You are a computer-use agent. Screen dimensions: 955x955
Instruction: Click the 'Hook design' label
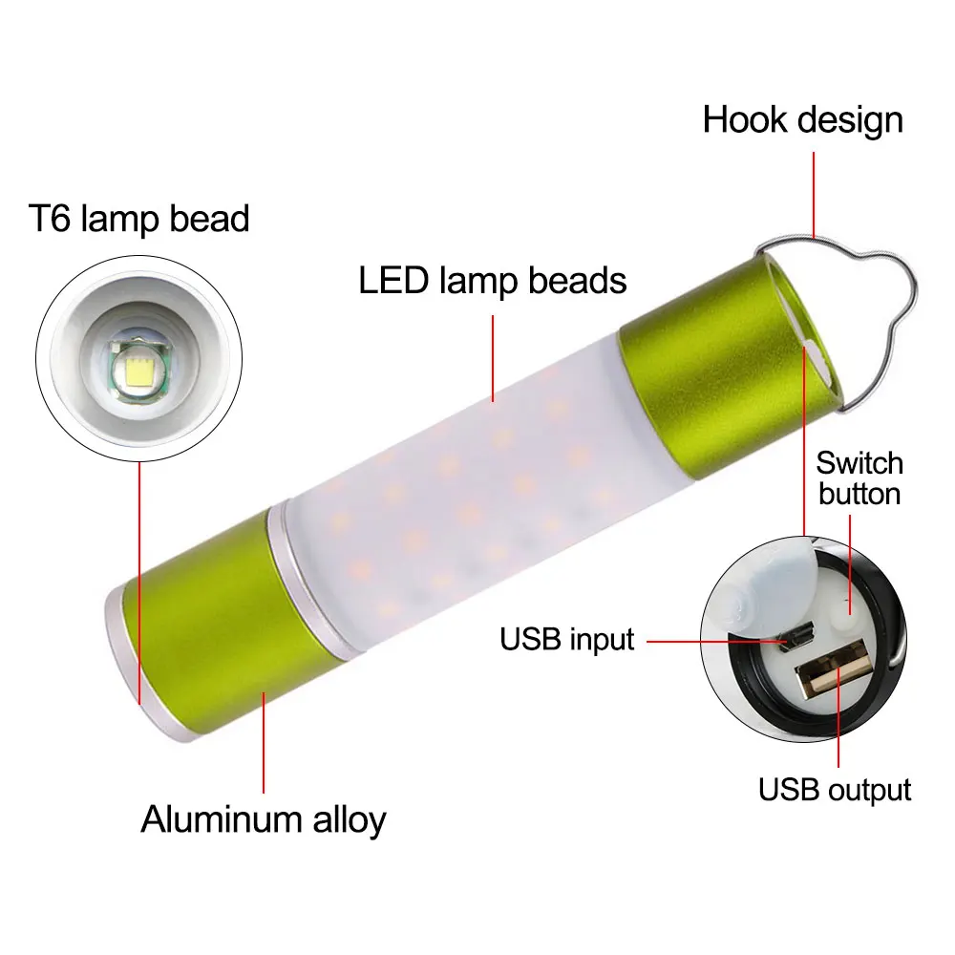click(802, 120)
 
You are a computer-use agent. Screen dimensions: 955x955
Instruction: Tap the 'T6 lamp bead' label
click(138, 219)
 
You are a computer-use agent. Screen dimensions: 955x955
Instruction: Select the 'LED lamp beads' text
click(493, 281)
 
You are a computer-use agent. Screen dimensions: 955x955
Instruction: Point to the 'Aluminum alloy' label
click(264, 819)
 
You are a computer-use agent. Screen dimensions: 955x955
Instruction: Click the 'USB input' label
click(567, 639)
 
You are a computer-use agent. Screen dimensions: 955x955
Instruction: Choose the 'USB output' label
click(835, 790)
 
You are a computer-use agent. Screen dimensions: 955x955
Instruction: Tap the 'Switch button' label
click(859, 478)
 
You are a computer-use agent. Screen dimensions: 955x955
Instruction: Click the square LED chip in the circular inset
click(136, 369)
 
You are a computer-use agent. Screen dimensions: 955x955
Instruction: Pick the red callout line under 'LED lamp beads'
click(494, 357)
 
